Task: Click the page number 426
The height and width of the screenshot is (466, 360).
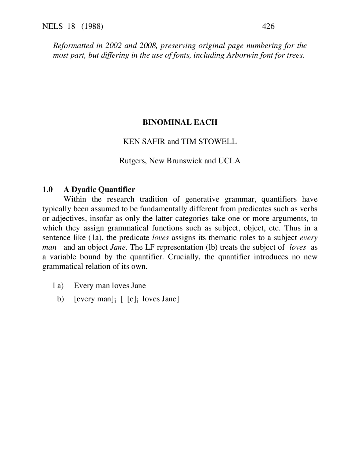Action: point(268,26)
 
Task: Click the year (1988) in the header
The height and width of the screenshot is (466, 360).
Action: point(92,26)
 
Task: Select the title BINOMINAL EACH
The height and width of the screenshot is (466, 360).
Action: point(180,122)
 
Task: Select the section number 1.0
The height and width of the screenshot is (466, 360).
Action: point(48,189)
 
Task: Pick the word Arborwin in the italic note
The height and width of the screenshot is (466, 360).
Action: point(240,55)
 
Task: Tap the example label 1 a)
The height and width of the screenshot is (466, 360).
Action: point(58,286)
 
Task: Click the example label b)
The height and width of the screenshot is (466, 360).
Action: point(60,299)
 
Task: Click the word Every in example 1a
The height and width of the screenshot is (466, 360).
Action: point(84,286)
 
